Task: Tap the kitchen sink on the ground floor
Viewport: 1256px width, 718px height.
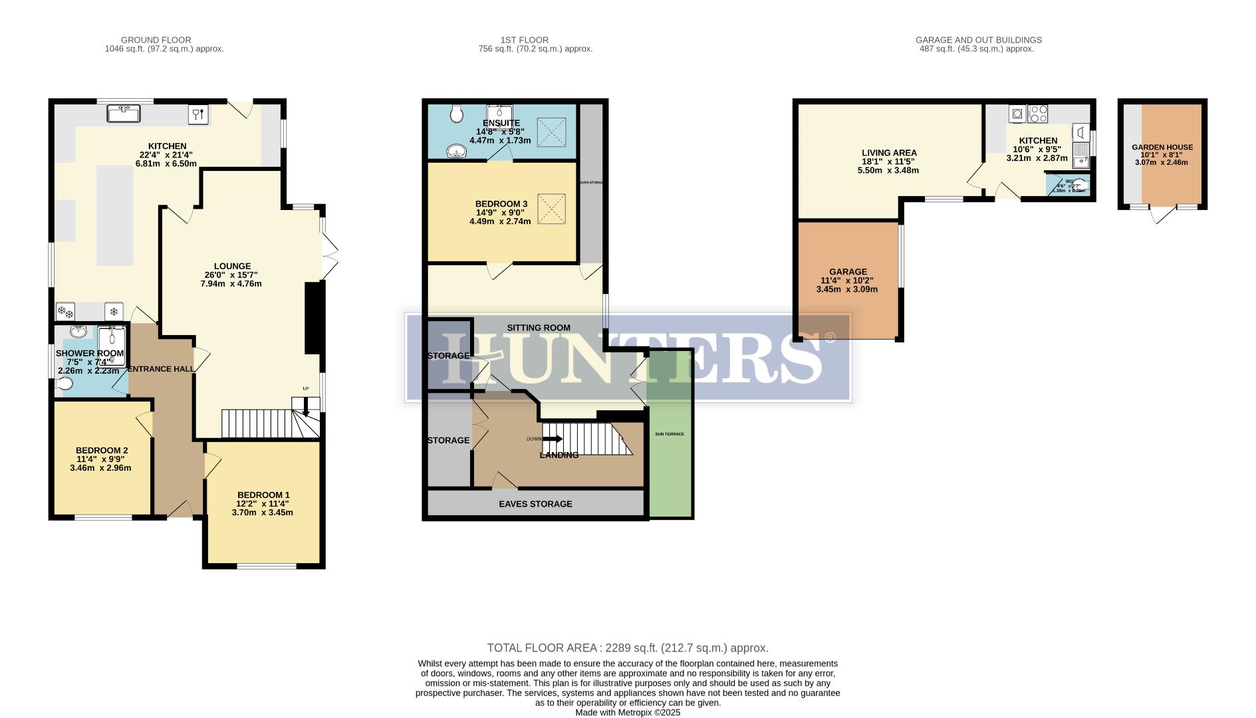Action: click(x=124, y=114)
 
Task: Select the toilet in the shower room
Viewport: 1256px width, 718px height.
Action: click(x=64, y=384)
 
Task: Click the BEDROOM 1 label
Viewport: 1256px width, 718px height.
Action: click(x=263, y=495)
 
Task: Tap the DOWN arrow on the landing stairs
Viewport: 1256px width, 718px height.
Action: click(x=552, y=439)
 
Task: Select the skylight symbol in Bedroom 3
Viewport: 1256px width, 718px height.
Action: click(x=551, y=209)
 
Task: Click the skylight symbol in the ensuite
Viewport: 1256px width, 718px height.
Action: click(x=551, y=132)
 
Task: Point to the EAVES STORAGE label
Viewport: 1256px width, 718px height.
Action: click(x=535, y=504)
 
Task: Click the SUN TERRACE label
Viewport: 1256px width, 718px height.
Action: click(x=670, y=434)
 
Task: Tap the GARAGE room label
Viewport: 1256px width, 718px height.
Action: click(x=848, y=271)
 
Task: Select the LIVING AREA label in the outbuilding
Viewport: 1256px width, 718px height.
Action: click(x=889, y=152)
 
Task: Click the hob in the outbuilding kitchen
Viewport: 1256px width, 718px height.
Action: click(x=1038, y=114)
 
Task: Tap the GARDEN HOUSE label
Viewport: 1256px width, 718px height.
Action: click(x=1162, y=148)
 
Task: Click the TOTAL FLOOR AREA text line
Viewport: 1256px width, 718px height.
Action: click(x=628, y=648)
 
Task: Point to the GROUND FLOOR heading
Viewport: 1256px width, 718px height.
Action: click(x=156, y=40)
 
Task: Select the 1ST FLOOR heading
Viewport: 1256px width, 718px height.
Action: click(x=525, y=40)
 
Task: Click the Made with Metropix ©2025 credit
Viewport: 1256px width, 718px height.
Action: click(x=628, y=712)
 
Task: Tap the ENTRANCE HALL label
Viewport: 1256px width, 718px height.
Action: click(x=161, y=369)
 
